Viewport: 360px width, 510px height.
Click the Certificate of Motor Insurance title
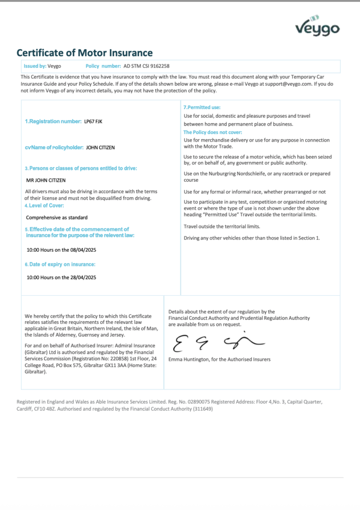[x=85, y=53]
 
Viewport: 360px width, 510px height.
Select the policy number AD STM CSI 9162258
[x=146, y=67]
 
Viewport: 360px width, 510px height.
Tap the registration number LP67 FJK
[x=93, y=122]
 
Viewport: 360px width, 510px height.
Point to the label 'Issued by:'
[x=35, y=67]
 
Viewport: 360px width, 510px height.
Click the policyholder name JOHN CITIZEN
[x=100, y=148]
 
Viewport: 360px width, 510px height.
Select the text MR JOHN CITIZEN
[x=46, y=180]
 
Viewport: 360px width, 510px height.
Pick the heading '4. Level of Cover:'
[x=44, y=205]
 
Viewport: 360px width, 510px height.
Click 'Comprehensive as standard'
[x=57, y=218]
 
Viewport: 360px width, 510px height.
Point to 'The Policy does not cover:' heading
[x=213, y=133]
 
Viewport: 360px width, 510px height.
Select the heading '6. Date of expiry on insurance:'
[x=60, y=264]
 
